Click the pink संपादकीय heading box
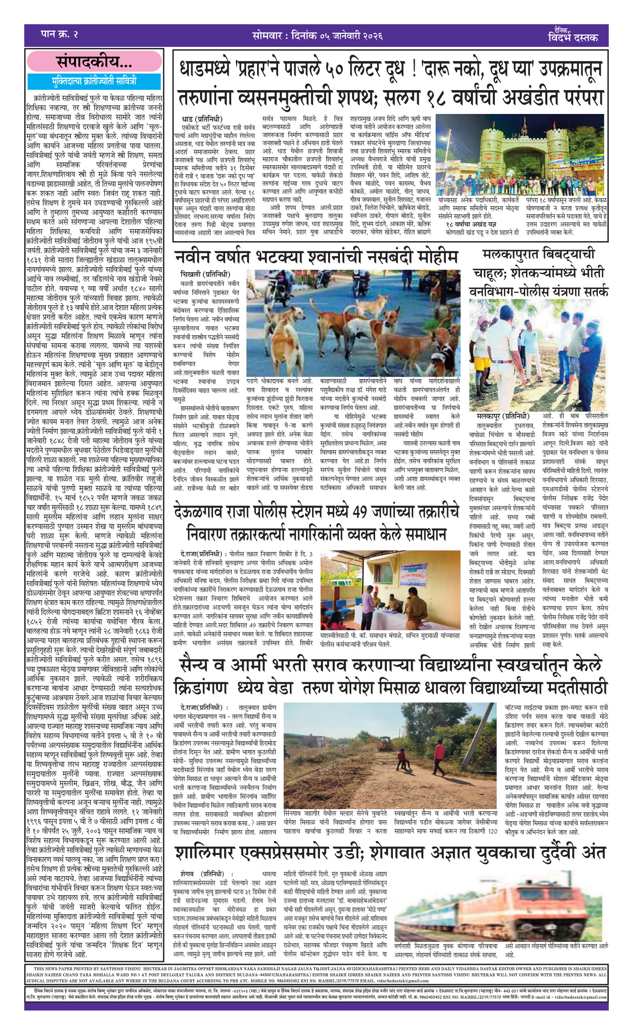[x=94, y=61]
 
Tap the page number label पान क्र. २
[x=59, y=34]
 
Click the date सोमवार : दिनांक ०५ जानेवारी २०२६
[x=317, y=36]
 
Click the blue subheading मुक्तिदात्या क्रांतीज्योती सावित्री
[x=94, y=81]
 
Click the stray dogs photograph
[x=353, y=323]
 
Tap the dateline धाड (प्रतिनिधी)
[x=202, y=119]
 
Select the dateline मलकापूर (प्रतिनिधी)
[x=503, y=416]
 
